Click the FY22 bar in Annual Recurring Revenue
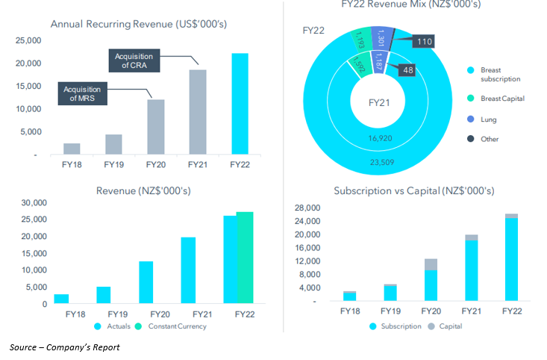click(x=240, y=104)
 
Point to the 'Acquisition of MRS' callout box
click(x=81, y=94)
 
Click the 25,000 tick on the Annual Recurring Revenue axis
click(x=30, y=40)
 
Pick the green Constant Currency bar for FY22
click(x=245, y=258)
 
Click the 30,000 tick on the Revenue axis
click(x=32, y=202)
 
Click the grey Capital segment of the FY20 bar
click(x=431, y=264)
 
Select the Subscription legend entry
click(x=397, y=326)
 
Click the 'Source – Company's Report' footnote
click(x=64, y=347)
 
